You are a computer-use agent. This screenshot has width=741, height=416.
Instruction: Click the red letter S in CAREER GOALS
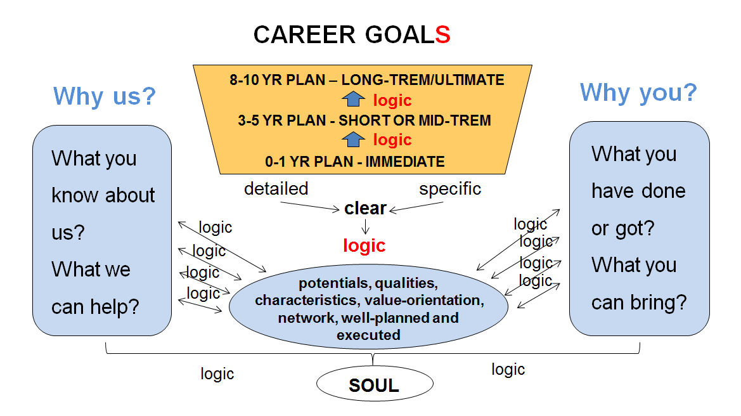point(443,34)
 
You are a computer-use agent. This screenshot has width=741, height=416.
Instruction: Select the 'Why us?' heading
point(105,96)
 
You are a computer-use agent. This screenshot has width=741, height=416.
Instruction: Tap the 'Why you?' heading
point(638,93)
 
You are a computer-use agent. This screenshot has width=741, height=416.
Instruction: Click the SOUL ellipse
point(375,384)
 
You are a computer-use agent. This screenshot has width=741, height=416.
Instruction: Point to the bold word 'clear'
point(365,208)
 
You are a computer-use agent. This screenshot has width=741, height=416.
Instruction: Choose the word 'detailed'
point(276,188)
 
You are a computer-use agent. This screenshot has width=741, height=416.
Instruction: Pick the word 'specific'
point(450,189)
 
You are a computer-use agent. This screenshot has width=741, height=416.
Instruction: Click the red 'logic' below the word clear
point(364,246)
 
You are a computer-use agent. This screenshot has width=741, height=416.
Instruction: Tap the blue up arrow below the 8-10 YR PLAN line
point(353,99)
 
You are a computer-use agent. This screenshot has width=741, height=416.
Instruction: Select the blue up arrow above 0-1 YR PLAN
point(353,140)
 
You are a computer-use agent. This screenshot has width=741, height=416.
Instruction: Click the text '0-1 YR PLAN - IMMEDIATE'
point(355,162)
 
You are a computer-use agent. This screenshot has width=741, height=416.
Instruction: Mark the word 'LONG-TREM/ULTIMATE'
point(423,80)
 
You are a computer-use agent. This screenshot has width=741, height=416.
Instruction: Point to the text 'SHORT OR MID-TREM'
point(415,120)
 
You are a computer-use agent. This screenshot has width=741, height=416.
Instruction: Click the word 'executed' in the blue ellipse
point(369,335)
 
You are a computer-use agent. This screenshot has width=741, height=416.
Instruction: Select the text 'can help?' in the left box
point(95,307)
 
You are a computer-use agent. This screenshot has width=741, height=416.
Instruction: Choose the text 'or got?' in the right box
point(623,229)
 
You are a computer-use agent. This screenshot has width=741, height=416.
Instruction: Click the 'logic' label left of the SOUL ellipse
point(217,374)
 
